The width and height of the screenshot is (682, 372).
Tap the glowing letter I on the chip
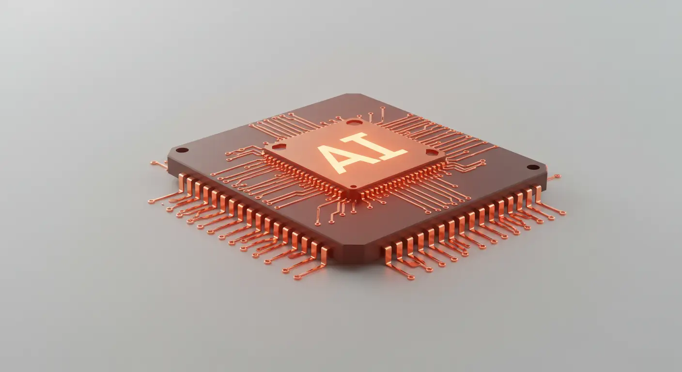point(375,147)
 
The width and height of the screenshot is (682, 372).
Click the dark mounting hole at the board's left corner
point(183,150)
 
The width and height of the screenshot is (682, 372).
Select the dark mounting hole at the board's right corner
point(533,167)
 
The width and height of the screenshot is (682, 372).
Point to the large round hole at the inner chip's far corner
point(354,123)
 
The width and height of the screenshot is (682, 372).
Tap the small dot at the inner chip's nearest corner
point(354,186)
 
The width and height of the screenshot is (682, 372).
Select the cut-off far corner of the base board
point(353,94)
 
